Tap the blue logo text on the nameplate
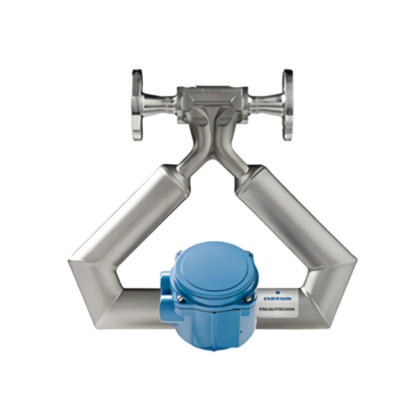[x=278, y=298]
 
